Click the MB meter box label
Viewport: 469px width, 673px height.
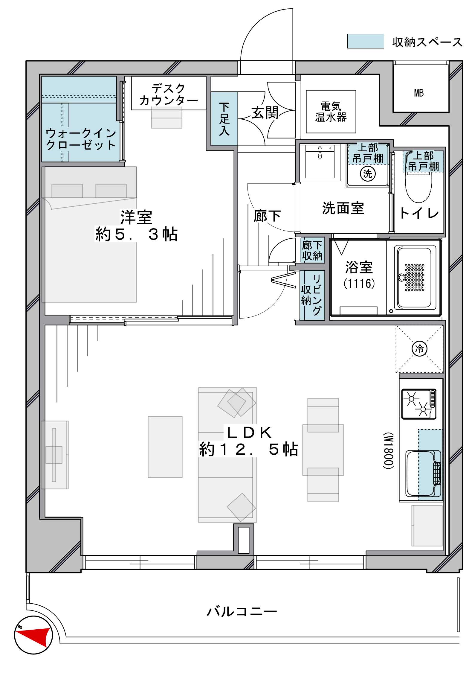419,93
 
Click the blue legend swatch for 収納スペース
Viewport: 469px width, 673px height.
366,41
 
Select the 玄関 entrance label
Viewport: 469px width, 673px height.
265,113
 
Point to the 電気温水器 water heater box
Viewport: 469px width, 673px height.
331,112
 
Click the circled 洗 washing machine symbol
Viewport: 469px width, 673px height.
367,173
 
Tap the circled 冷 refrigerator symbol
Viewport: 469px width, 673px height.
419,348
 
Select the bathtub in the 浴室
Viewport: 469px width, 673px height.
415,278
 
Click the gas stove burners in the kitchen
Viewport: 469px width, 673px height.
419,404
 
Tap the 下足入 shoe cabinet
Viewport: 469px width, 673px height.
224,119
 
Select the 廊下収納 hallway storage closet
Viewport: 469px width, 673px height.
313,250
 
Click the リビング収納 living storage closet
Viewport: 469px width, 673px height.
313,295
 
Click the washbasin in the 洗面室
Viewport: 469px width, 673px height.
320,162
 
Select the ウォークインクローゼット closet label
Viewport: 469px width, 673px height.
81,139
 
